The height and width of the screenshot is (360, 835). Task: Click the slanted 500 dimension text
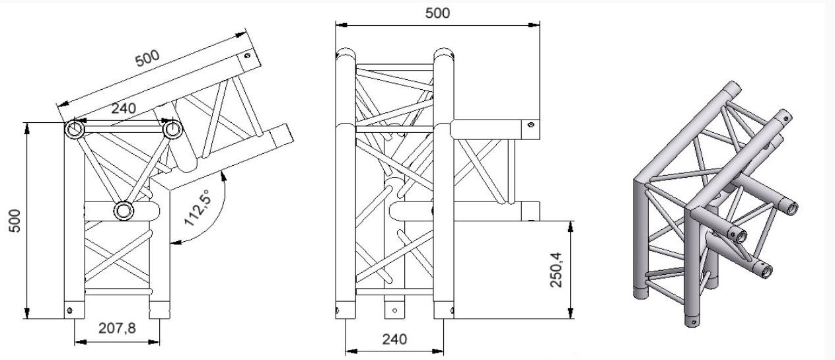click(147, 59)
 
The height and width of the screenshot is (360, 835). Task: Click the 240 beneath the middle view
click(394, 340)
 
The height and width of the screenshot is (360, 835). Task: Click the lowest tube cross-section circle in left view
click(124, 211)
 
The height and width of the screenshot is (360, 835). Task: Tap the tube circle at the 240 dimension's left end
click(74, 129)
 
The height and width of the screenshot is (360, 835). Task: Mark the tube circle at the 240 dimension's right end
click(172, 129)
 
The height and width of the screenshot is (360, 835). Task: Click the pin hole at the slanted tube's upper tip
click(247, 55)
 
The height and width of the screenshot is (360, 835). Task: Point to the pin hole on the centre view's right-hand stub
click(528, 124)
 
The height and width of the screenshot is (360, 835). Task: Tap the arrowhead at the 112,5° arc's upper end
click(225, 172)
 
